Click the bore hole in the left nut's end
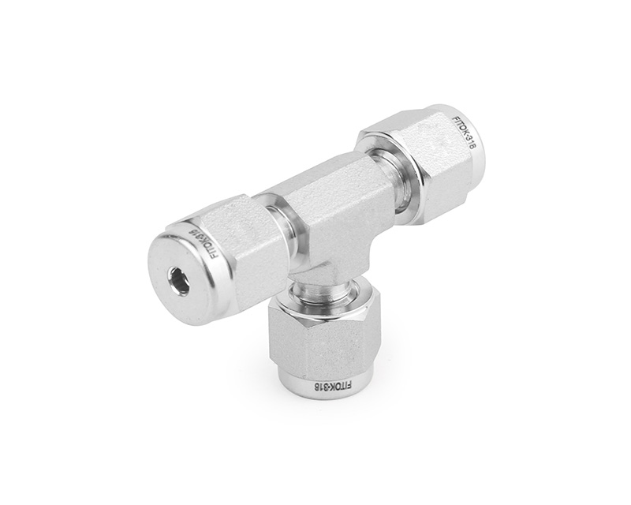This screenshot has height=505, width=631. [x=178, y=281]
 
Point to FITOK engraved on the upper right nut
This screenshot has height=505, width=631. [x=461, y=125]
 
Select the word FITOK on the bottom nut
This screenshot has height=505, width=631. [x=338, y=387]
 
